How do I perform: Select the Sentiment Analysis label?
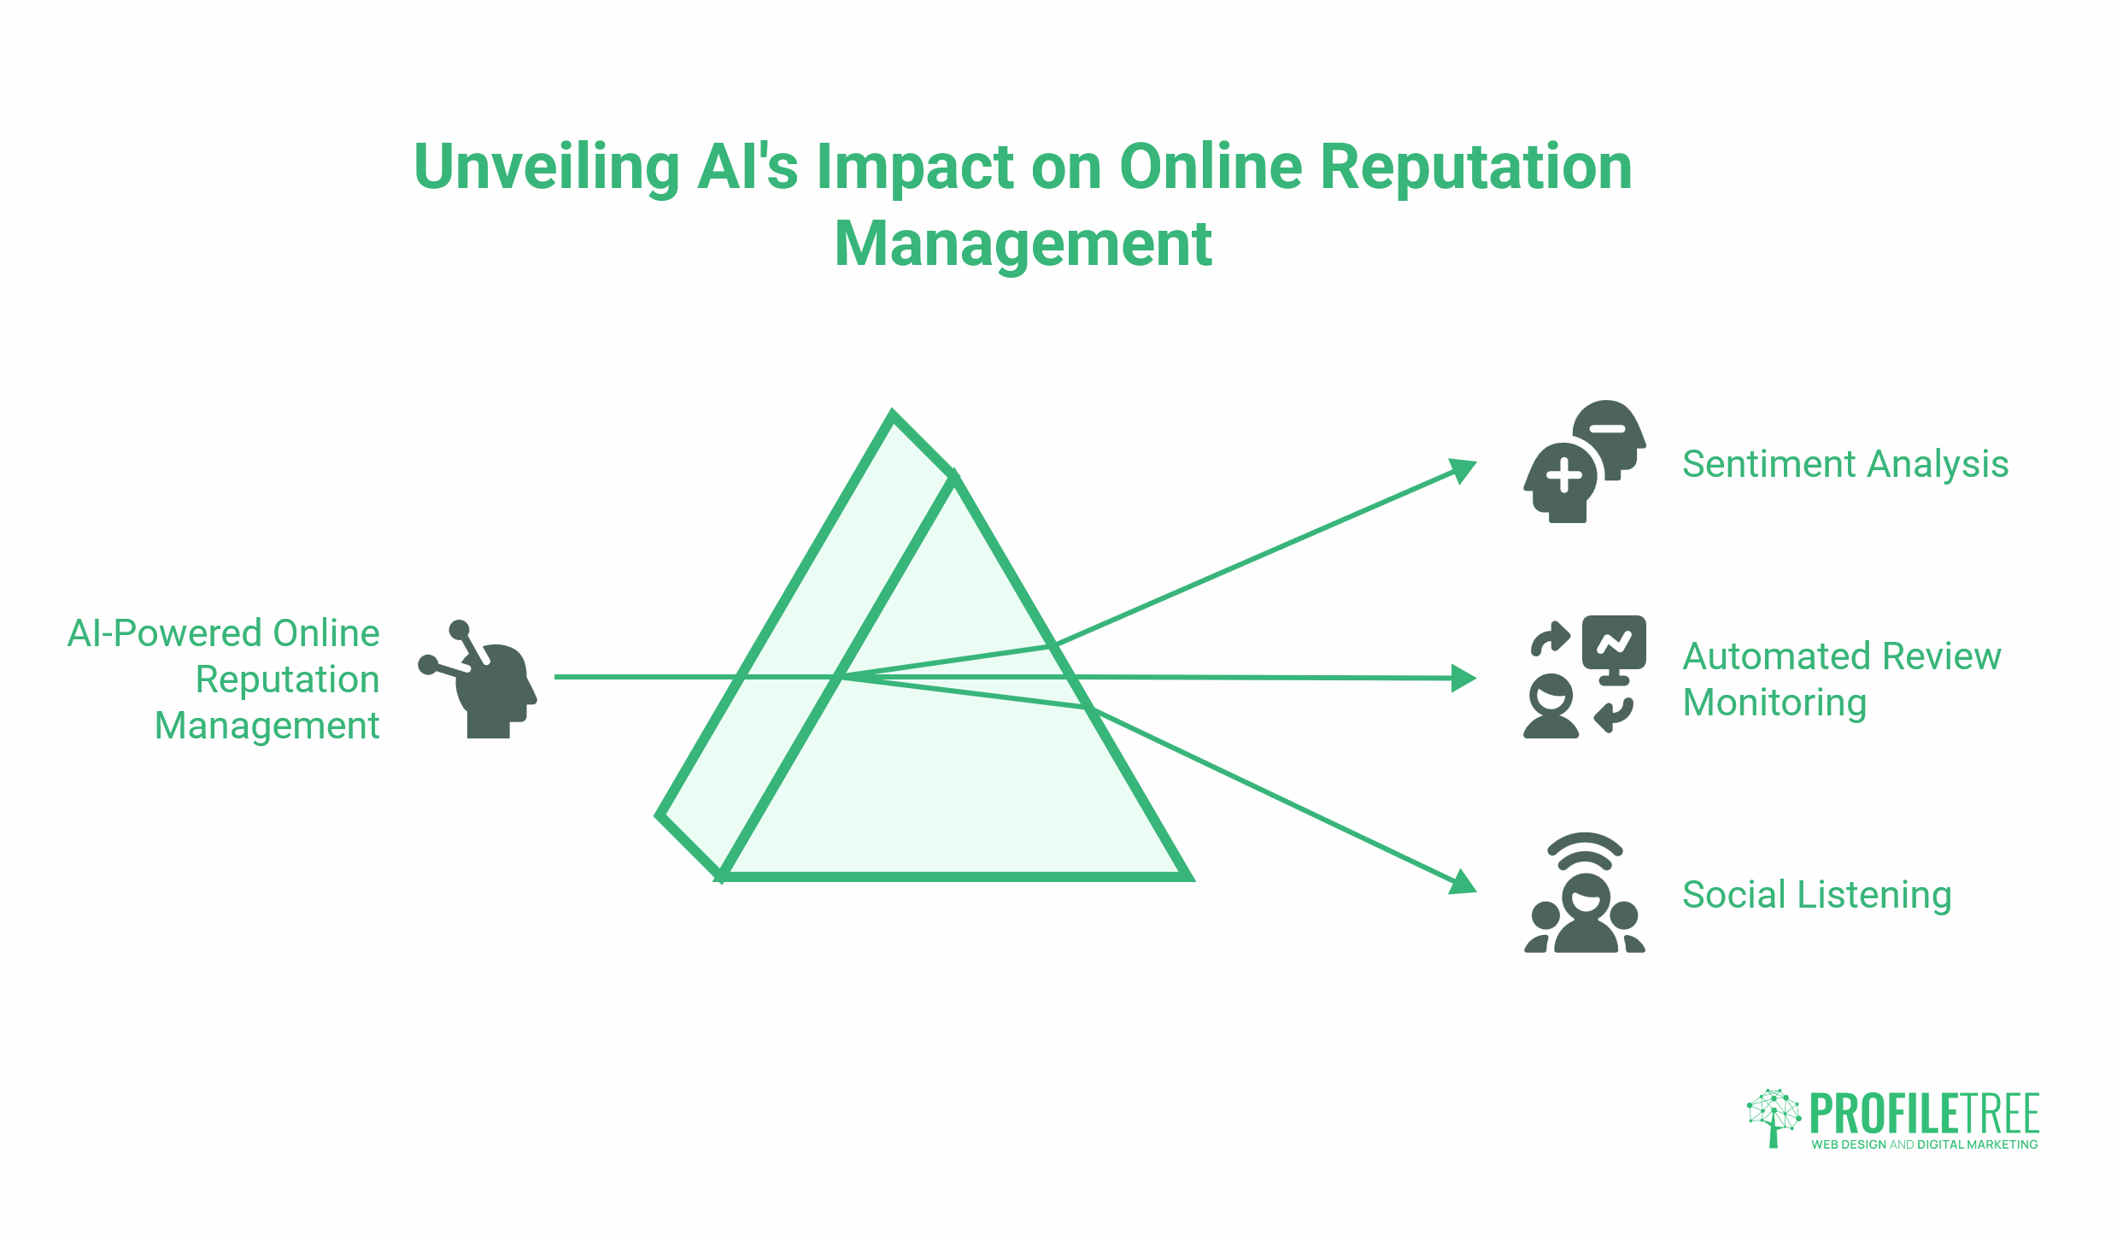coord(1845,465)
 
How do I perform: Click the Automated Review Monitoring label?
coord(1842,679)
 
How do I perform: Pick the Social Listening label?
coord(1817,896)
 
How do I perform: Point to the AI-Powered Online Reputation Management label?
coord(224,679)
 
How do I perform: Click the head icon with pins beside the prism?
coord(478,679)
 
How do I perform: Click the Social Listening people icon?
coord(1585,893)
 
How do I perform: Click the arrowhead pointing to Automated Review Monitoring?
coord(1464,679)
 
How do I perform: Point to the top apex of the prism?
coord(893,415)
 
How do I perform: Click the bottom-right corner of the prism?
coord(1189,878)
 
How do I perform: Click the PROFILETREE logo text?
coord(1925,1114)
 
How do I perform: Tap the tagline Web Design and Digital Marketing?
coord(1925,1145)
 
